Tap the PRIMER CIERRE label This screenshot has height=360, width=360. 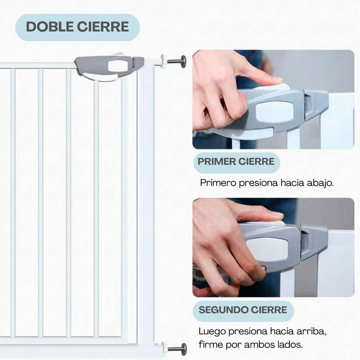coord(236,162)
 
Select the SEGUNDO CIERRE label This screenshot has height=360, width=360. coord(243,310)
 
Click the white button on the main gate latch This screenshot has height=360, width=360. coord(118,66)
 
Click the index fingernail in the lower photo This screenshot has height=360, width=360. coord(277,214)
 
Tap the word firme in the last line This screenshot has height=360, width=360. coord(209,345)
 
